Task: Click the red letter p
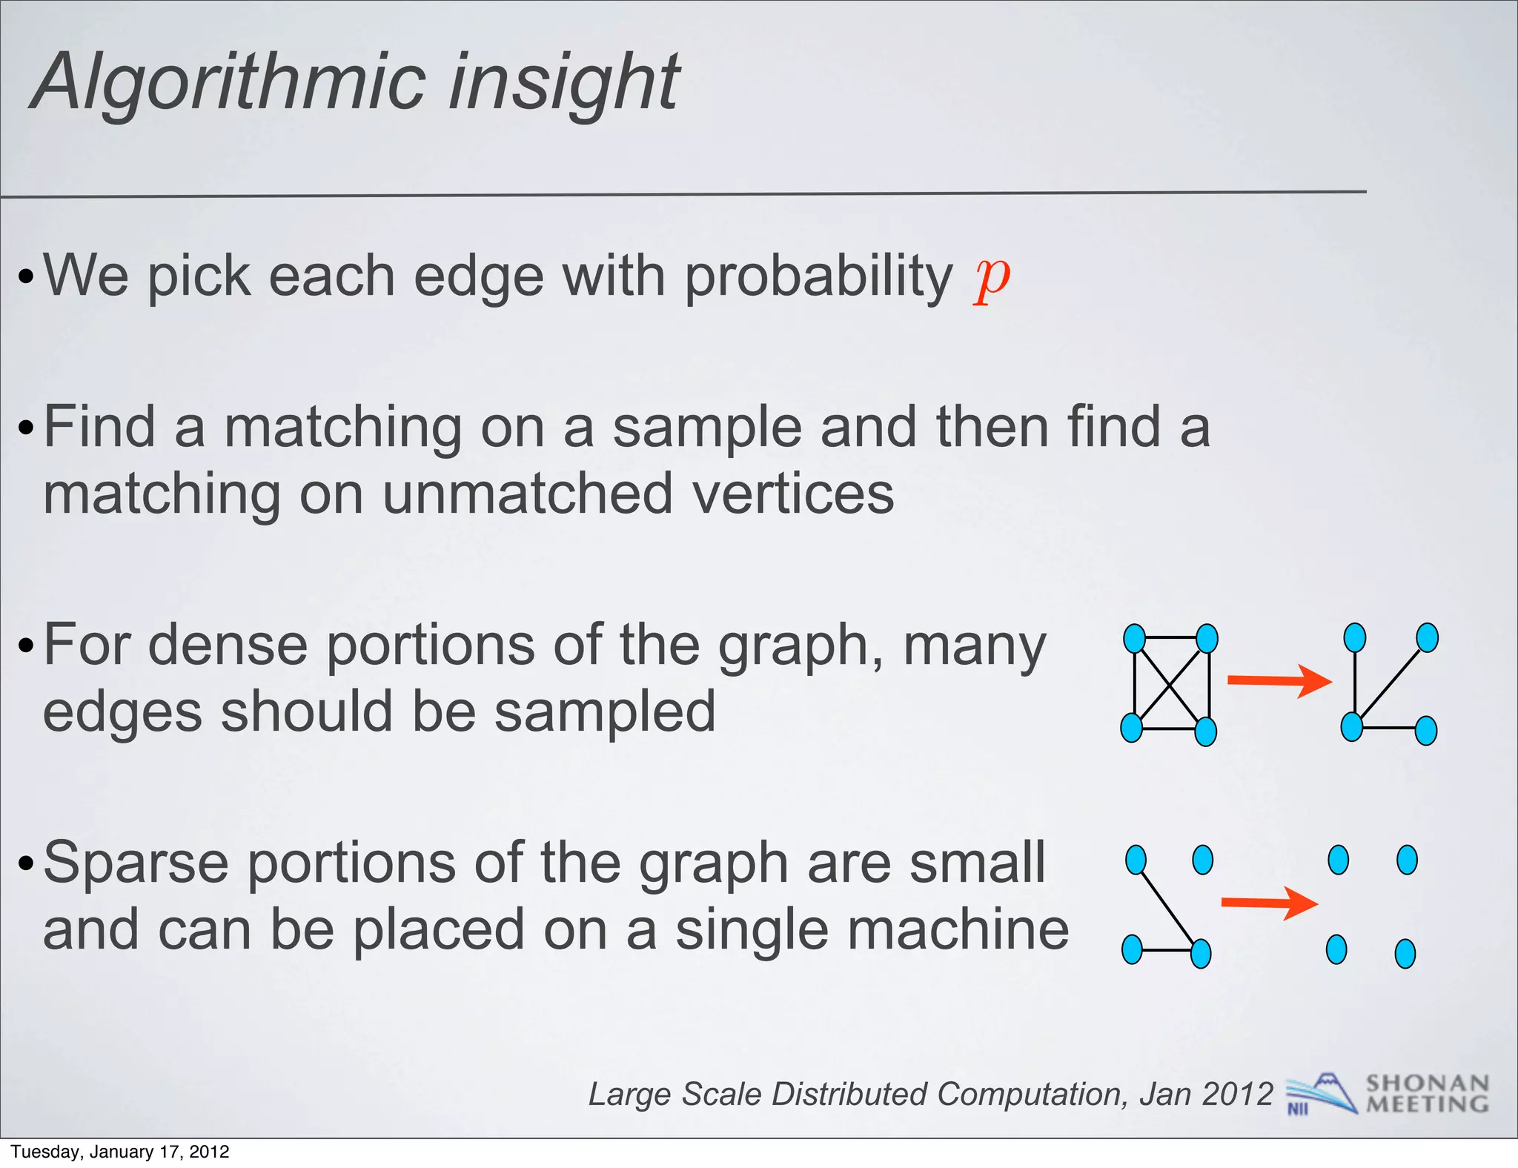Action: point(992,280)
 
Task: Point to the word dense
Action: point(227,645)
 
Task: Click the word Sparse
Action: point(136,863)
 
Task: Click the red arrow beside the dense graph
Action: point(1279,680)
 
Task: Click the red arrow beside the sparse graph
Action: point(1269,903)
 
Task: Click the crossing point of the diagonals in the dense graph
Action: point(1170,683)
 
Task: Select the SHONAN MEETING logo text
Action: point(1427,1094)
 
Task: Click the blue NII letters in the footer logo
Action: point(1298,1109)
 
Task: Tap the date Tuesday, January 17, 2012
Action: point(120,1152)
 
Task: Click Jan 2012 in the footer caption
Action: point(1205,1094)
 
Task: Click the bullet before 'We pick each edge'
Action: point(26,279)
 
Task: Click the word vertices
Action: point(792,494)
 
